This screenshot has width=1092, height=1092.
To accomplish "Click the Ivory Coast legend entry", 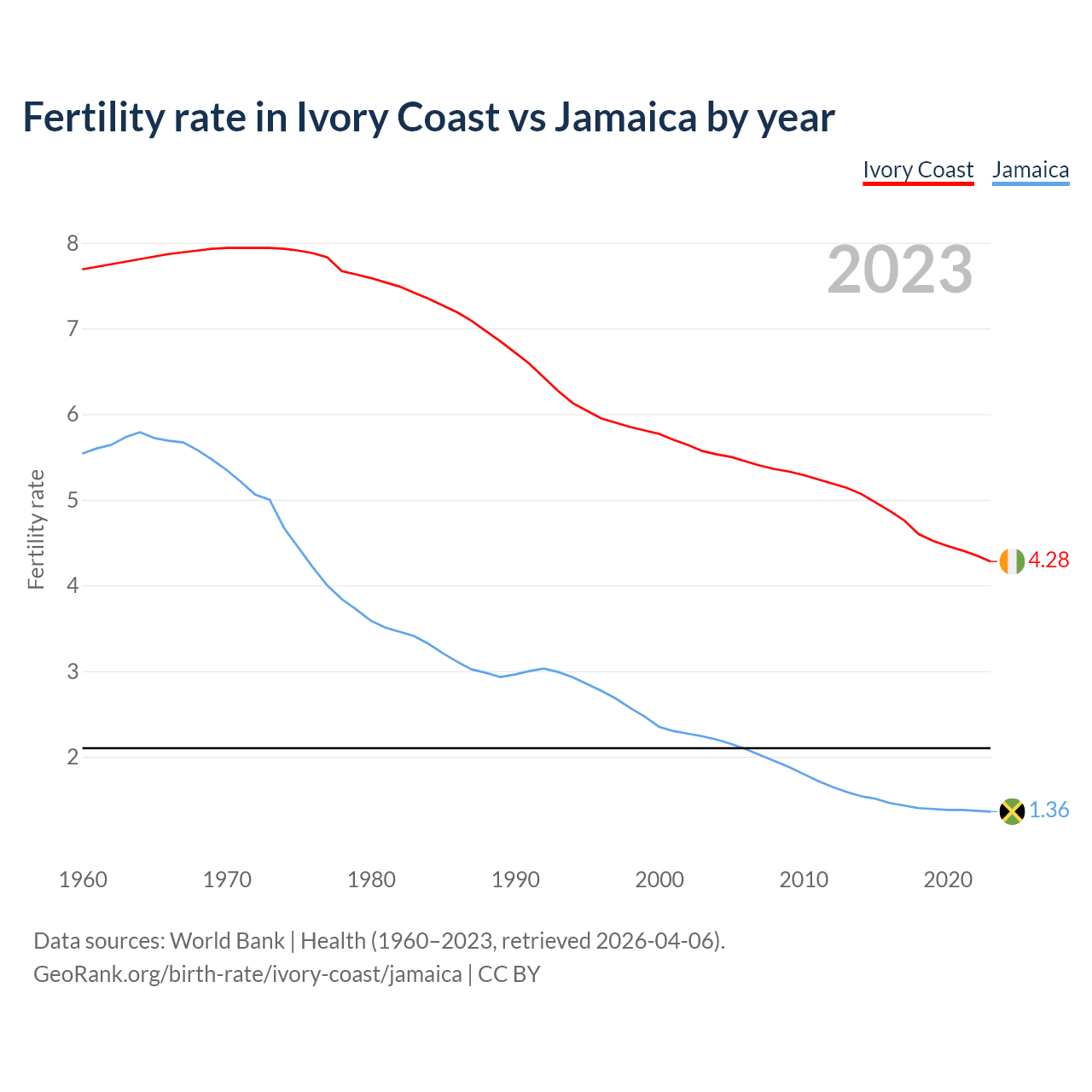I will point(918,170).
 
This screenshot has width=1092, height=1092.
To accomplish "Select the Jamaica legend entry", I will point(1031,170).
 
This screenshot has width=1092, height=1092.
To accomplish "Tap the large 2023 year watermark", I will point(900,270).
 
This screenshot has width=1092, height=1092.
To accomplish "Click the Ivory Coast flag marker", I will point(1012,561).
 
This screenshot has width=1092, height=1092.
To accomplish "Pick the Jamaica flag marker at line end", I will point(1012,811).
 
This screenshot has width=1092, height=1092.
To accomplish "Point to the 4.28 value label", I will point(1048,561).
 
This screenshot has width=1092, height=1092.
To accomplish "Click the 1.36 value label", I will point(1048,810).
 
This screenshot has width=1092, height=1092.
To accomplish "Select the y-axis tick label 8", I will point(73,244).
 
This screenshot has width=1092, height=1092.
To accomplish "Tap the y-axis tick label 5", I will point(73,501).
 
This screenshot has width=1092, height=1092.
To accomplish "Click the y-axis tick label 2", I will point(73,758).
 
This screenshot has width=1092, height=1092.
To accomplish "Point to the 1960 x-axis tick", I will point(83,880).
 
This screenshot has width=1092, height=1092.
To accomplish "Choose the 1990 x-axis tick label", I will point(515,880).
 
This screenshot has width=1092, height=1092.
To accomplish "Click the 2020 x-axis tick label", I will point(948,880).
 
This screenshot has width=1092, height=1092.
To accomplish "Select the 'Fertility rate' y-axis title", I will point(36,529).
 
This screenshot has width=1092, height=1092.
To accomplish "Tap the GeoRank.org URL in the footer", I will point(247,974).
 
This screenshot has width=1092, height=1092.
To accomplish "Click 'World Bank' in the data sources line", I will point(227,941).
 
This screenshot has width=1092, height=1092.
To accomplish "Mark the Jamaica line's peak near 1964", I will point(140,432).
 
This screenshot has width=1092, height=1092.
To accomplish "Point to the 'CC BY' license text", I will point(509,974).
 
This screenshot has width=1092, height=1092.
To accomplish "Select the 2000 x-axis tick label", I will point(659,880).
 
